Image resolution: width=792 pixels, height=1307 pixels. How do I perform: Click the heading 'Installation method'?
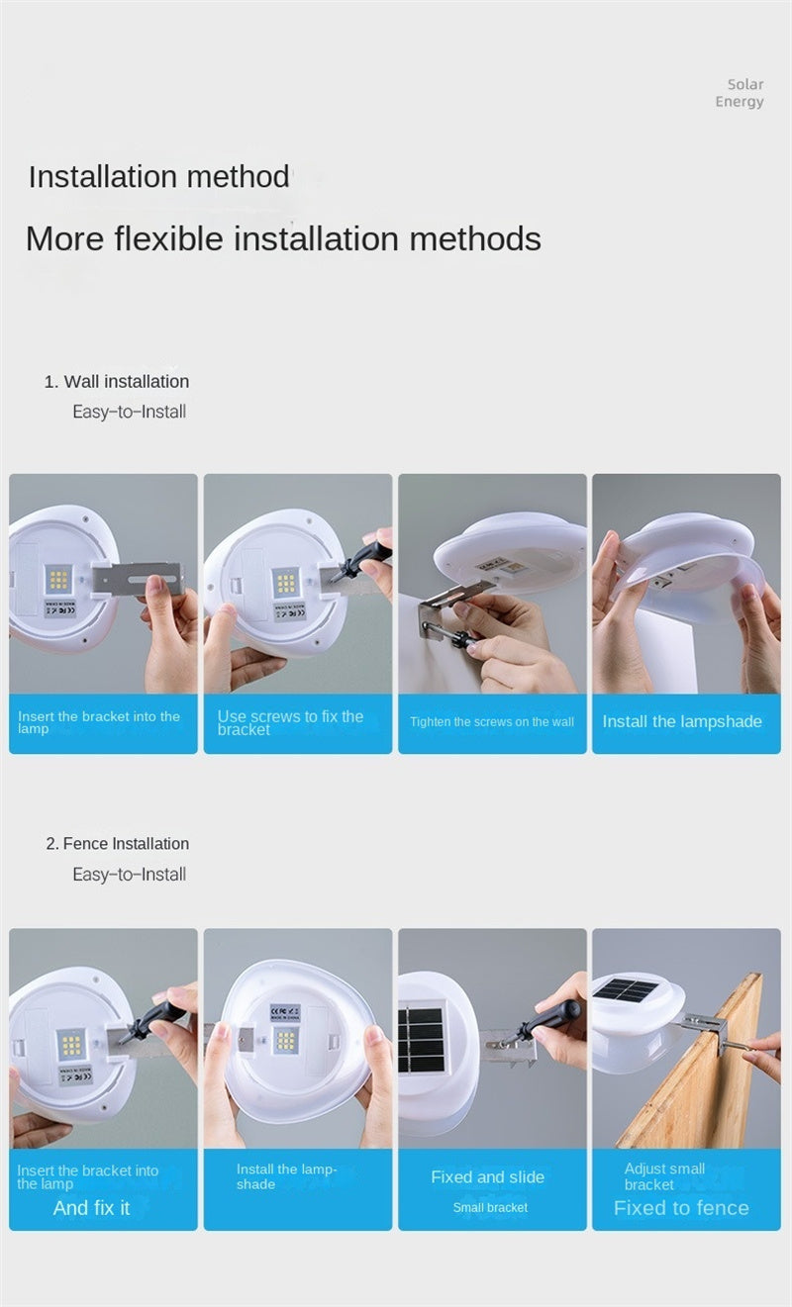158,177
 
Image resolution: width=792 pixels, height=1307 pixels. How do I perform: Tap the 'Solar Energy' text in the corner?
740,93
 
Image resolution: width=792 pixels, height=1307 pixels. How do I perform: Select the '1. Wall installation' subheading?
117,382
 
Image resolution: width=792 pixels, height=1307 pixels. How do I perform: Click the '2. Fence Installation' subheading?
117,844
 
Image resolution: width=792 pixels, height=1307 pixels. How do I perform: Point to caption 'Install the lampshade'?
682,721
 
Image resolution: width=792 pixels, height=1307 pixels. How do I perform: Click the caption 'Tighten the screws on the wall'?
492,721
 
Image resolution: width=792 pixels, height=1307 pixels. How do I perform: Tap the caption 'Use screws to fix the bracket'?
290,722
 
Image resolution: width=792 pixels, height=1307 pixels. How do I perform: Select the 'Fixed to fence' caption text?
681,1208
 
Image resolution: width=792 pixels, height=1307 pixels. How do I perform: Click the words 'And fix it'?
92,1208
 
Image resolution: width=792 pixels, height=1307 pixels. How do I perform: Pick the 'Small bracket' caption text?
490,1208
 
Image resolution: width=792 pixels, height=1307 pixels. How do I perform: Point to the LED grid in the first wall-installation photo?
57,580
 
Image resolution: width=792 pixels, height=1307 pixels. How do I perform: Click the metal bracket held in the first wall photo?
139,580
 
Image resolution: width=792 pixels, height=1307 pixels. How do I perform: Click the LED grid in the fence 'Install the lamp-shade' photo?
285,1040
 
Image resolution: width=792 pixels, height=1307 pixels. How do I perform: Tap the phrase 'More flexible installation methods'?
284,239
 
